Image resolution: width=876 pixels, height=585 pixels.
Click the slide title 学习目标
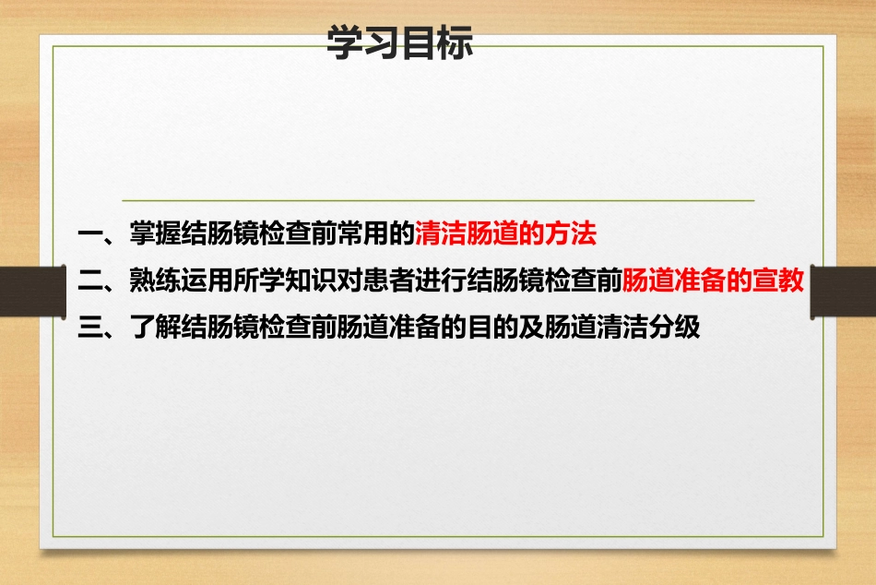(399, 42)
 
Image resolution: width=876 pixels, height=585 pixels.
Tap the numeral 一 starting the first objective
(90, 234)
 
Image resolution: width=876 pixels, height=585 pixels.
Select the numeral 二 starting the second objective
(90, 281)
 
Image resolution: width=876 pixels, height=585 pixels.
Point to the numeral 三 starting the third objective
(90, 328)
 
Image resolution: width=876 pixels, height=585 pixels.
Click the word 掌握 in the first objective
(156, 234)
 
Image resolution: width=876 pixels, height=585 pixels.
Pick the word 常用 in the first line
(362, 234)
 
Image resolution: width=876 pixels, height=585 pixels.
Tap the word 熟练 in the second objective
(156, 281)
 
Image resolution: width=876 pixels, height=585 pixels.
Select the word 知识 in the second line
(311, 281)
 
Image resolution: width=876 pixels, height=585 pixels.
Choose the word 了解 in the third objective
(156, 328)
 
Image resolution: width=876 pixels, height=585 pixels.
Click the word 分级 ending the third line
(675, 328)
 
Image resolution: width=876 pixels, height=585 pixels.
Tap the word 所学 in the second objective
(259, 281)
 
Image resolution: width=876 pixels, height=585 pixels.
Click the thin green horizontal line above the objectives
(438, 200)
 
